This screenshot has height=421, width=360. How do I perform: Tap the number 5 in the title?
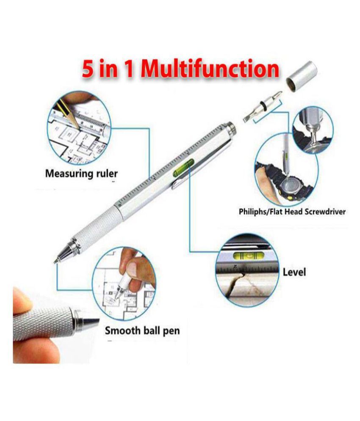click(88, 69)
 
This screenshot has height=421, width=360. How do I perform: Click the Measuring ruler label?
click(82, 173)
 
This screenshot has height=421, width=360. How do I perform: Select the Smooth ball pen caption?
click(142, 330)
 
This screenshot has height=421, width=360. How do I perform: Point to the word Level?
click(294, 271)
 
